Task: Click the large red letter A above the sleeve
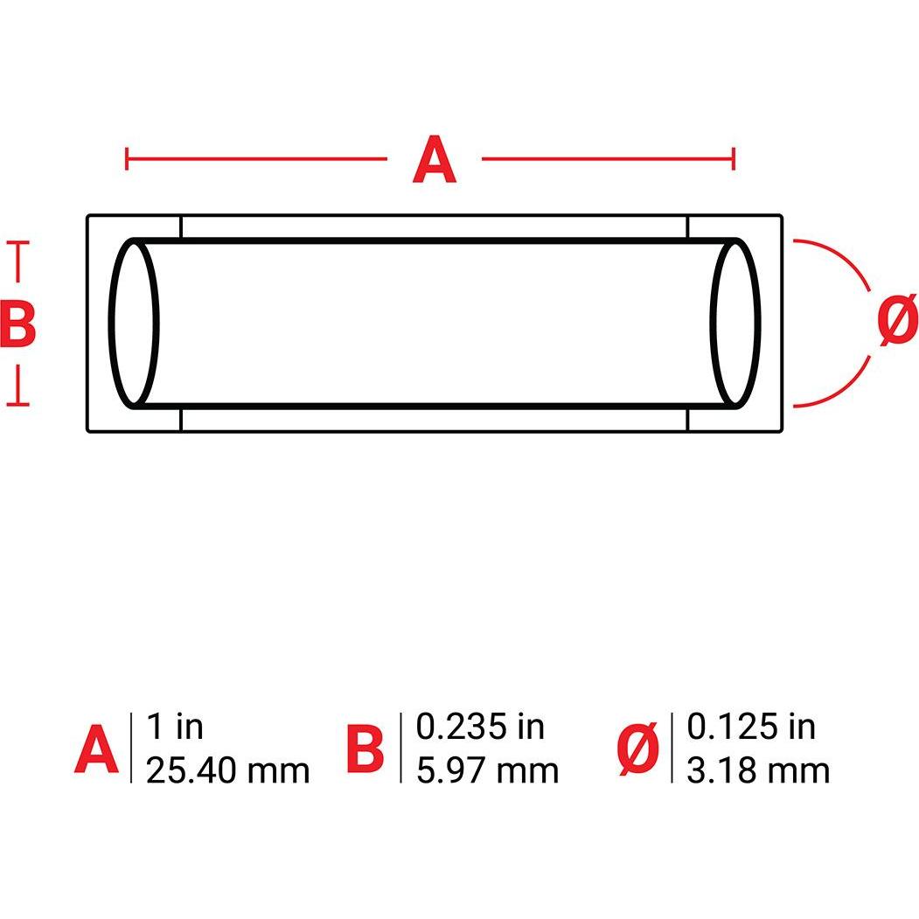(435, 161)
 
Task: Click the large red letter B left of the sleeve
(17, 324)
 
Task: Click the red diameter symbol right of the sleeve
(897, 322)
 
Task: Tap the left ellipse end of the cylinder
(135, 324)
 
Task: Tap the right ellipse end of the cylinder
(735, 324)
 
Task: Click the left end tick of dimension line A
(128, 159)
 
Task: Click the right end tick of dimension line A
(734, 159)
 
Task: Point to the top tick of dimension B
(18, 244)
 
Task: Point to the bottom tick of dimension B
(18, 405)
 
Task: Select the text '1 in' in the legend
(174, 727)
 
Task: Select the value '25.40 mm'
(227, 770)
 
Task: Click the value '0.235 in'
(480, 727)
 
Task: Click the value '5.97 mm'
(487, 770)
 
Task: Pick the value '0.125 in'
(751, 727)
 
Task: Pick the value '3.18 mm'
(758, 770)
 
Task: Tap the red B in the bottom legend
(365, 750)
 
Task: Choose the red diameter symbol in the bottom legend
(638, 750)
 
